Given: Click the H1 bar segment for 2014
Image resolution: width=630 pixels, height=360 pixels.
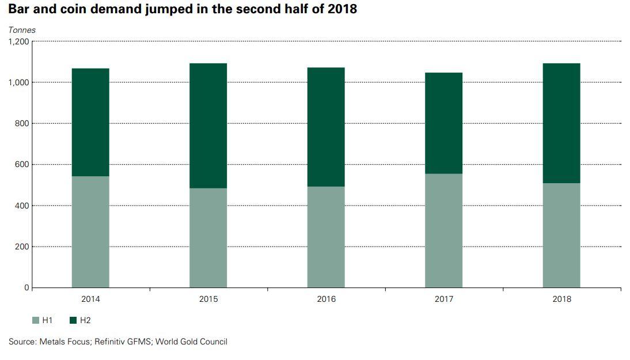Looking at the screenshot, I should pos(90,232).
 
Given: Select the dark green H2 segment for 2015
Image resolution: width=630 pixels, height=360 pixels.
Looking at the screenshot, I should pos(208,126).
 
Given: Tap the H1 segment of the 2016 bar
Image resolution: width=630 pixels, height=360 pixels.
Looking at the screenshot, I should pos(326,237).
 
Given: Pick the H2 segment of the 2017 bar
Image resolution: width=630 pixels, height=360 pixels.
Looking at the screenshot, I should pos(443,123).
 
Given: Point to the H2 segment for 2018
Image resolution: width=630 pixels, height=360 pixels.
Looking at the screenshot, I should pos(561,123).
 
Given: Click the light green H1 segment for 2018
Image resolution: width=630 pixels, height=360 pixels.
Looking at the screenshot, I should pos(561,235).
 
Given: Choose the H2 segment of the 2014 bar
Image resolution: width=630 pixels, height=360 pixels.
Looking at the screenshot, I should pos(90,122).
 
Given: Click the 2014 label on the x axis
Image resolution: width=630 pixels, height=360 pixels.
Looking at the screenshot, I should pos(90,299).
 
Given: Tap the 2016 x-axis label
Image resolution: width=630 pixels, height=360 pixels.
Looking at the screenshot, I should pos(326,299).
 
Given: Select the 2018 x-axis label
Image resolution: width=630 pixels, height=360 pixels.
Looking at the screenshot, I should pos(561,299).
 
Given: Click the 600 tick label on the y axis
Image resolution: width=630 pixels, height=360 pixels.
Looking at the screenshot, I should pos(22,165).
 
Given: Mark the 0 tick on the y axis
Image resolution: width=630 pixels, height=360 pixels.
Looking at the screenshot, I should pos(26,287).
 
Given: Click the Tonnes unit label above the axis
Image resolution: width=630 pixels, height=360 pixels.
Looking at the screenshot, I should pos(21,30).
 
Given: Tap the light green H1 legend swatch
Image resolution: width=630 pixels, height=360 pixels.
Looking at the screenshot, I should pos(36,320).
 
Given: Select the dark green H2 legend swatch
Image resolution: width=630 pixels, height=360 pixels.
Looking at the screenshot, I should pos(73,320).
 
